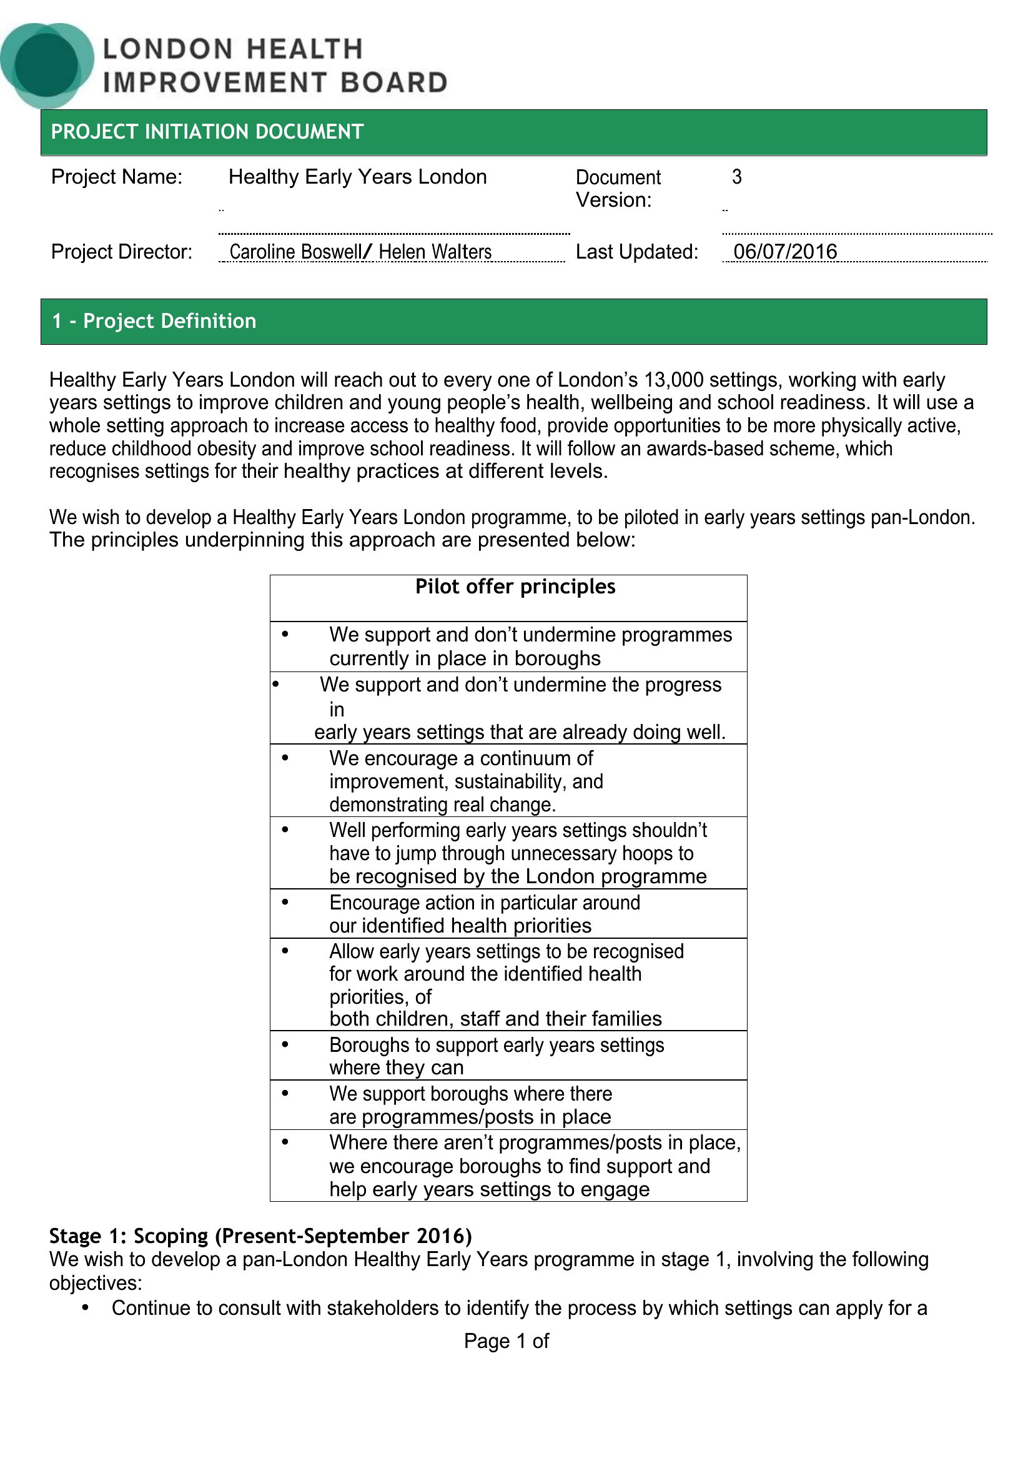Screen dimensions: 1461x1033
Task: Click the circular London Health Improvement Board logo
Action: (x=46, y=64)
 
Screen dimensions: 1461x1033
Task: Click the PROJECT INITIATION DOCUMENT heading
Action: (x=207, y=132)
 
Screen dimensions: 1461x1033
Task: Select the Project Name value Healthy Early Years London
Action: (x=357, y=177)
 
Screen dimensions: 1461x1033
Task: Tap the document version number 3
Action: (x=736, y=177)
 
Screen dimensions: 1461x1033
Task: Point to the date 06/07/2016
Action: (x=785, y=252)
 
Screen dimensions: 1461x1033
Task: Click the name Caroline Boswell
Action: (x=295, y=252)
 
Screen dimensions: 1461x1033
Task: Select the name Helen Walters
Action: (x=435, y=252)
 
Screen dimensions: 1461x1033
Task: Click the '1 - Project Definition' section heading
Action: (x=154, y=321)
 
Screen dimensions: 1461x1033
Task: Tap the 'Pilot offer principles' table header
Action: (x=515, y=587)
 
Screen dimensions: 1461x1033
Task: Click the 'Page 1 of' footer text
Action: (x=507, y=1341)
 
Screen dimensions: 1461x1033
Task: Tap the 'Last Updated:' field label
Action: (x=636, y=252)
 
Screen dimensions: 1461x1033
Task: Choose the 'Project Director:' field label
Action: (x=122, y=252)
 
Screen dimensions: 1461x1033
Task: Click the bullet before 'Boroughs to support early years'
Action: (x=285, y=1044)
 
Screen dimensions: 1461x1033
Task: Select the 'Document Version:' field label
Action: (x=618, y=189)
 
